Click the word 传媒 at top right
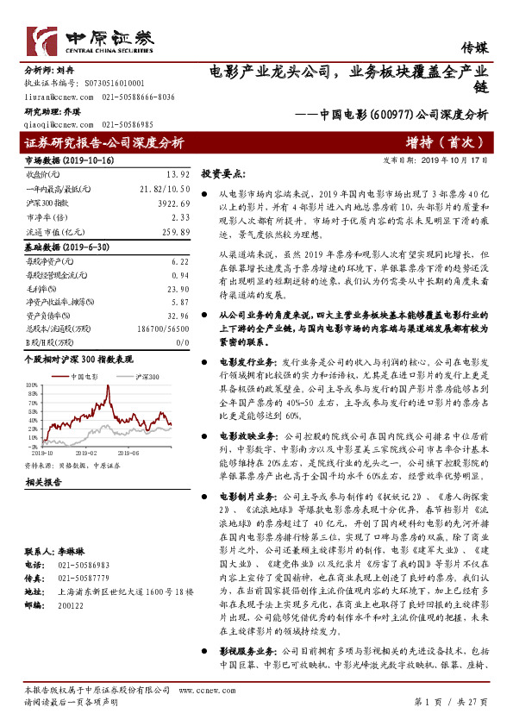[x=474, y=48]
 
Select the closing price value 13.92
[x=178, y=173]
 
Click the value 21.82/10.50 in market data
[x=165, y=187]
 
